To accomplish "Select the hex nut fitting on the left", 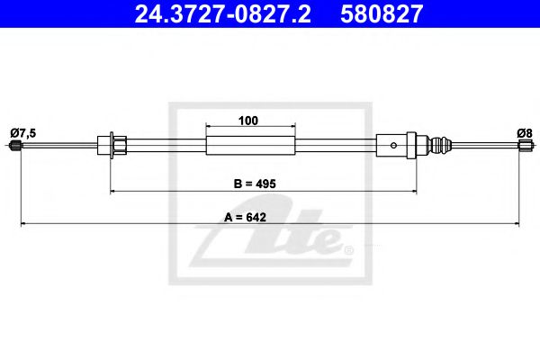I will [118, 143].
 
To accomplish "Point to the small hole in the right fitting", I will [391, 143].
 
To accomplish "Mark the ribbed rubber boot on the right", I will [440, 144].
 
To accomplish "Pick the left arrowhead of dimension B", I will [113, 191].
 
